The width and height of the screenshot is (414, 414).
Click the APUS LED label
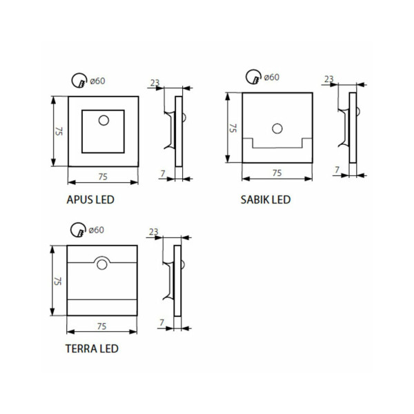90,199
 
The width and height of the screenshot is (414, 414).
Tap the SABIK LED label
266,199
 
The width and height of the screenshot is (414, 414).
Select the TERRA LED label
92,348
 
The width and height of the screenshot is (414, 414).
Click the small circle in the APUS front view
103,120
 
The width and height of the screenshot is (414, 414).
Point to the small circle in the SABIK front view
277,128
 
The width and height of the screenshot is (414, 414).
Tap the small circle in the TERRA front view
102,264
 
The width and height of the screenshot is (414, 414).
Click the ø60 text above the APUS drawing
97,81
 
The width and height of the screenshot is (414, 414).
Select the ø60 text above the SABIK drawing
272,77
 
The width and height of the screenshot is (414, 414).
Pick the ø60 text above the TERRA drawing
97,230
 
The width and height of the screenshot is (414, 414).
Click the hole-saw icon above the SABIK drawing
253,77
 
